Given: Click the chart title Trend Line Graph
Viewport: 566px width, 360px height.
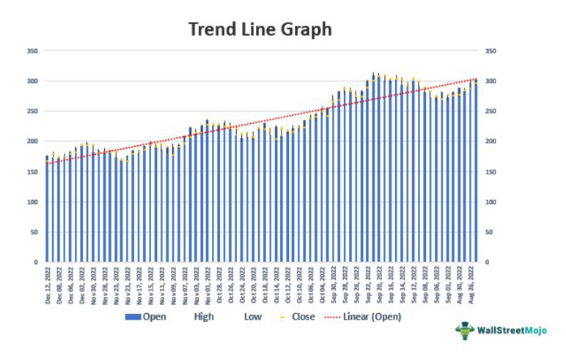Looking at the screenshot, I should click(x=260, y=29).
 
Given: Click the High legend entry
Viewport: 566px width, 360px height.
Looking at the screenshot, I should click(x=205, y=317).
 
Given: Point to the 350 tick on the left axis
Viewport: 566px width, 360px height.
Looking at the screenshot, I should click(x=32, y=51).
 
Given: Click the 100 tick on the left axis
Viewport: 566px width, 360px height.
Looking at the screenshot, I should click(x=32, y=202).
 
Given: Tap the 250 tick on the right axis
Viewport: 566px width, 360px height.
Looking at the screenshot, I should click(x=490, y=111).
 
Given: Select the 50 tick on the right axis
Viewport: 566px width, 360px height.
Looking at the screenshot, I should click(x=489, y=232).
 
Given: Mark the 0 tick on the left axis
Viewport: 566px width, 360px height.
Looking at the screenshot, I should click(x=34, y=262).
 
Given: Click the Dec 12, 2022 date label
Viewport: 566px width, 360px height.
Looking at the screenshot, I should click(x=48, y=287).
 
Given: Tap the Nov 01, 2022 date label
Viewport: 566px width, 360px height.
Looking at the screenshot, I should click(x=208, y=287).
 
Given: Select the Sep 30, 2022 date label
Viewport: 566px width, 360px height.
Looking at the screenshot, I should click(x=334, y=287).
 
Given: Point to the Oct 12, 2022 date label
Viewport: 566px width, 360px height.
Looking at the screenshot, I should click(x=288, y=287).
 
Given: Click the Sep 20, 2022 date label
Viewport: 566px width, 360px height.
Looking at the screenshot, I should click(x=381, y=287).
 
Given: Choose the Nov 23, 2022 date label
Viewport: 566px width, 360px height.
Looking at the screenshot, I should click(x=117, y=287).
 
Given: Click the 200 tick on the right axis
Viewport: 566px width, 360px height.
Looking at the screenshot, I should click(x=490, y=142).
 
